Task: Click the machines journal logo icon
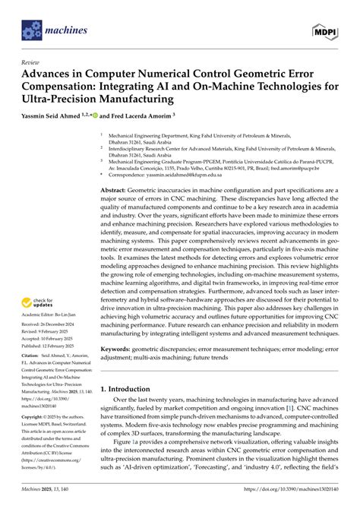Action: click(30, 31)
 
